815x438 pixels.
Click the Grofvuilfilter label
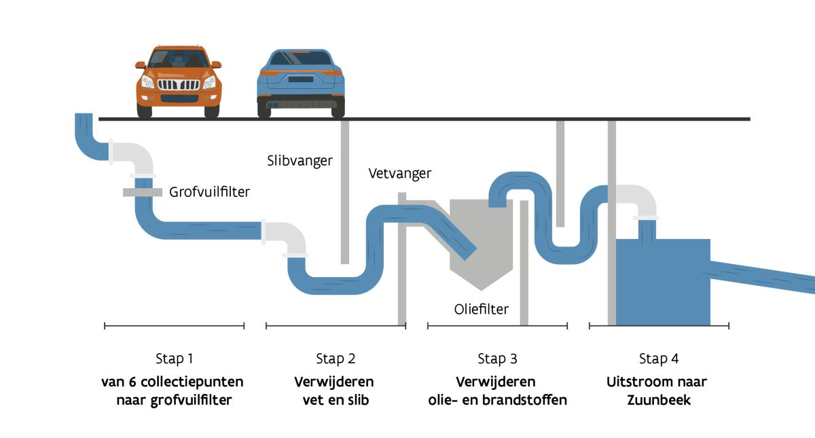point(209,192)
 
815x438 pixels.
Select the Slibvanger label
point(300,161)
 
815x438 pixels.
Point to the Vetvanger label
point(399,173)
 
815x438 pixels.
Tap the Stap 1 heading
point(174,359)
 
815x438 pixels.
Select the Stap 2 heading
point(336,359)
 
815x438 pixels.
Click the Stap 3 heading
point(497,359)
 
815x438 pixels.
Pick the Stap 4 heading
point(658,359)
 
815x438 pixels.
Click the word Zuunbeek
point(658,400)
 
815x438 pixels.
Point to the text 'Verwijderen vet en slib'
point(336,390)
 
